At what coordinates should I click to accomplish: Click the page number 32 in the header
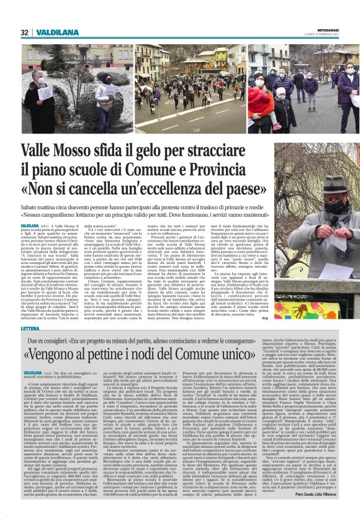pos(25,32)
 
